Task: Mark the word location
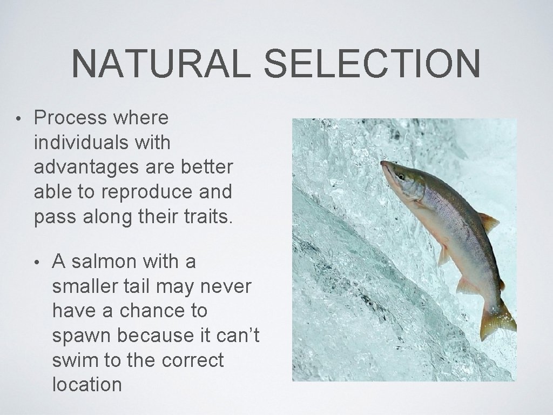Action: (87, 385)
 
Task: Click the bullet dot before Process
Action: (18, 118)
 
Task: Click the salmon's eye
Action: (401, 177)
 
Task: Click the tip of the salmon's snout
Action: (382, 163)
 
